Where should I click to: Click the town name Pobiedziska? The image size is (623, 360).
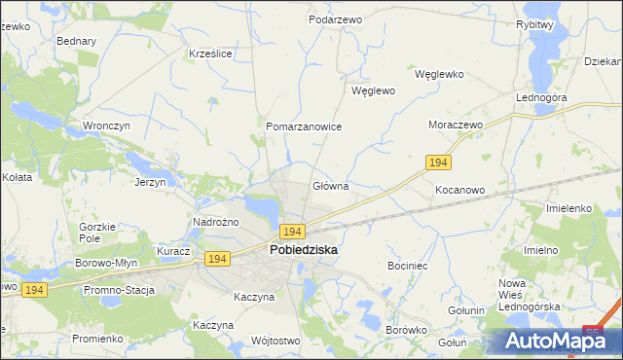coord(303,250)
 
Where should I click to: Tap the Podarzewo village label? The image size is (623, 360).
coord(335,19)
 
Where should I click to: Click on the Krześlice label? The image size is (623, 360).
coord(210,54)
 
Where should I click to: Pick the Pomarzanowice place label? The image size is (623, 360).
coord(304,126)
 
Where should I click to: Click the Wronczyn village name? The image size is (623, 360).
coord(107,126)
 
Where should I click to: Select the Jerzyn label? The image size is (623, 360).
coord(151,182)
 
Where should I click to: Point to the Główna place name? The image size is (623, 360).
coord(330,186)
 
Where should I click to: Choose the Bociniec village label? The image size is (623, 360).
coord(408,265)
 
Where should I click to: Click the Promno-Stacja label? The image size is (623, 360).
coord(120,290)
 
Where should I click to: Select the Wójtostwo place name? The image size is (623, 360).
coord(275,341)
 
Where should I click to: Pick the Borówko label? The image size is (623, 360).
coord(407,330)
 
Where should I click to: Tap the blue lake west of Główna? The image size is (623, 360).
coord(263,206)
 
